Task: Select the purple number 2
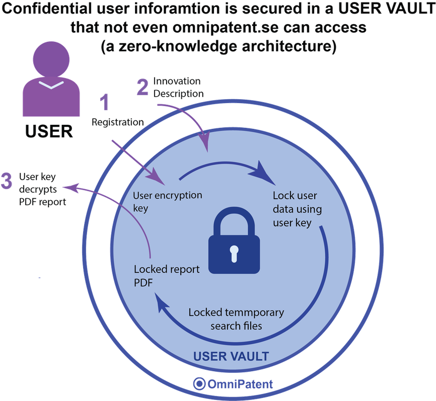click(143, 87)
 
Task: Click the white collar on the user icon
click(50, 85)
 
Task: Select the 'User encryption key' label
click(167, 201)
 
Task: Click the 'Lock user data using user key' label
click(297, 209)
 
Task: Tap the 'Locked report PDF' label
click(167, 276)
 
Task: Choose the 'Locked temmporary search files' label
click(236, 319)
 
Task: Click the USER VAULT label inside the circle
click(231, 357)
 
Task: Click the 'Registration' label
click(118, 122)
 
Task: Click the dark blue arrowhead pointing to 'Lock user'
click(265, 170)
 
